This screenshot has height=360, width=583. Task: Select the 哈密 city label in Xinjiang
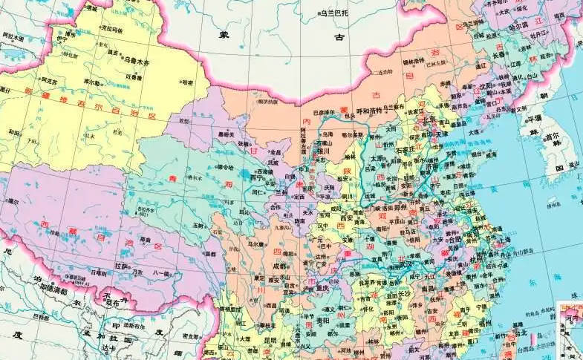[x=187, y=82]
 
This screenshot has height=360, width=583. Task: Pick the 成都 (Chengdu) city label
[x=279, y=265]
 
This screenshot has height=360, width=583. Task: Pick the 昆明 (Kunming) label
[x=268, y=341]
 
